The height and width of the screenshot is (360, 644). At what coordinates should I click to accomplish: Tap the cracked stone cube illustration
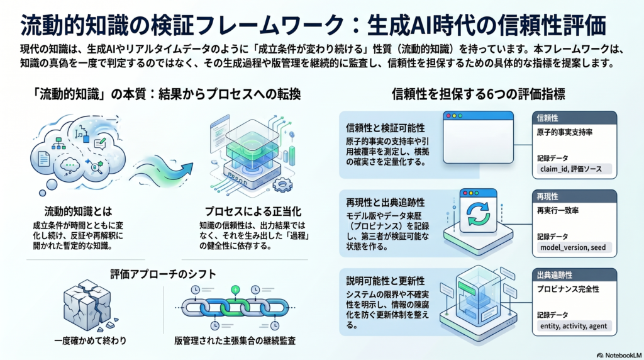pos(88,305)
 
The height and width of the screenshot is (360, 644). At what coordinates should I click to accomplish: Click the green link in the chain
pos(235,307)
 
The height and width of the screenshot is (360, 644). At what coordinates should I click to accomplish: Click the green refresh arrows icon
pos(478,215)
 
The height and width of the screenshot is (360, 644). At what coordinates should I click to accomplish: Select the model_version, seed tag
pos(573,247)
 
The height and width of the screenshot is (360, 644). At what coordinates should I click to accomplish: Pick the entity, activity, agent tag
pos(574,326)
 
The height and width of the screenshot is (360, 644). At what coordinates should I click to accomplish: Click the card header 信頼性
pos(547,118)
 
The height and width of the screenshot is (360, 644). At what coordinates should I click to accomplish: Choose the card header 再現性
pos(547,196)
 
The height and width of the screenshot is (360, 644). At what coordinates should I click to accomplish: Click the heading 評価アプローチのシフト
pos(163,274)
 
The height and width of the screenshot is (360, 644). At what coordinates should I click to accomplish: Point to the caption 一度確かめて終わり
pos(91,340)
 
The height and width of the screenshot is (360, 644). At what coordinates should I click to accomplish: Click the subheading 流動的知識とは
pos(78,211)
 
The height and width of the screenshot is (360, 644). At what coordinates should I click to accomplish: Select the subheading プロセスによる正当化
pos(253,211)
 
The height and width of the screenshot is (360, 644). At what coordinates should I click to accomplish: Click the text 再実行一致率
pos(557,211)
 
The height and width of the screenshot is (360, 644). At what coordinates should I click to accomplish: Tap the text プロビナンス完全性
pos(568,290)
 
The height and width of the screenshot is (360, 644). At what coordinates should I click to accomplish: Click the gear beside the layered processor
pos(282,184)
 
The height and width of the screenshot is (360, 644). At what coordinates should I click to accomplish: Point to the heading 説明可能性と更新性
pos(386,281)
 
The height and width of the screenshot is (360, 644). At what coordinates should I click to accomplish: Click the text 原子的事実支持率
pos(565,132)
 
